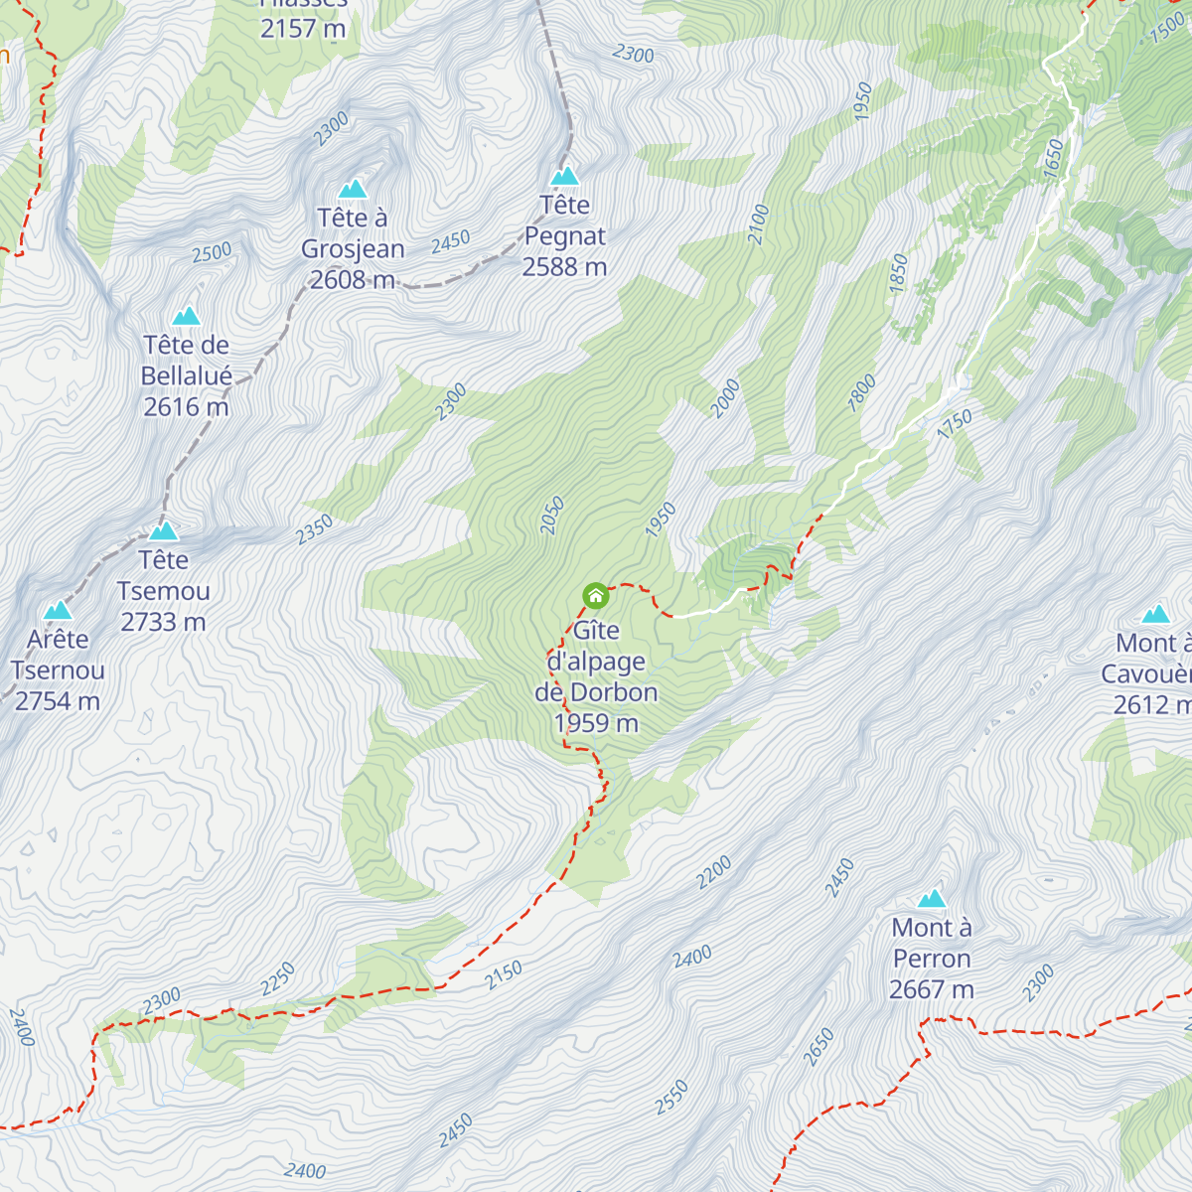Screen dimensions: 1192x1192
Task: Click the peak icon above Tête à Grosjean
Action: (x=353, y=189)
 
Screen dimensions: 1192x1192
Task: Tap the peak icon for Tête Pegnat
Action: (x=565, y=176)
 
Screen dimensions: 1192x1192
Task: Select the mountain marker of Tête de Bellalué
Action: (x=186, y=316)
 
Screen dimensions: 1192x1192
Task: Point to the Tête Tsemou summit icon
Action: (x=164, y=531)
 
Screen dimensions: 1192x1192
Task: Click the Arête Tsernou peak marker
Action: (x=58, y=610)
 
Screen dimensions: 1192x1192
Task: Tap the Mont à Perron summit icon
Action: (x=932, y=899)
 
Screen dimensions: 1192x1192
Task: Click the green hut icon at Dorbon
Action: (x=595, y=596)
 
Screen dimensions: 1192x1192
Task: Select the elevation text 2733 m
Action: (x=164, y=623)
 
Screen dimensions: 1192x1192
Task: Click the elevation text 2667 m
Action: (x=932, y=990)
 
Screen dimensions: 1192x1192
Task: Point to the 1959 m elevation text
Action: (x=596, y=724)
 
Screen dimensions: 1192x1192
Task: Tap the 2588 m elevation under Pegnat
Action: (x=564, y=267)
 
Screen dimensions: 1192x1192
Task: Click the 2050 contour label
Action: (x=552, y=517)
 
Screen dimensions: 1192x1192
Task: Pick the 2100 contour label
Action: (x=759, y=224)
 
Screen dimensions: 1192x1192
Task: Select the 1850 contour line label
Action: (x=898, y=273)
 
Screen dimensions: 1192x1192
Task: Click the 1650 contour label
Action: (x=1053, y=159)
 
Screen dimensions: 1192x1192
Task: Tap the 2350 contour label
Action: (x=314, y=530)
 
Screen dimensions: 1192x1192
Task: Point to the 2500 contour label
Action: (x=212, y=253)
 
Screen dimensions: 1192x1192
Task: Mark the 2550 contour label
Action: (x=671, y=1098)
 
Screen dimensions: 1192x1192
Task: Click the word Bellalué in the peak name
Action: (x=187, y=376)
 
